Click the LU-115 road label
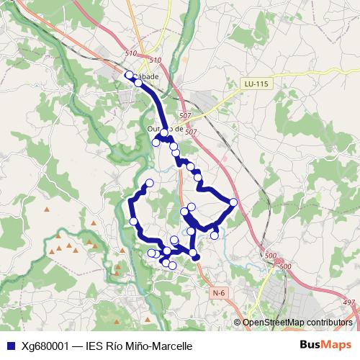(256, 84)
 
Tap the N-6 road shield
(220, 293)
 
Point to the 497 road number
(349, 302)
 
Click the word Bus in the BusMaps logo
(310, 345)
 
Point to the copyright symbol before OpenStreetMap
(238, 322)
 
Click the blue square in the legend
(9, 346)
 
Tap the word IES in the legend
(96, 346)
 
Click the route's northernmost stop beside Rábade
(130, 75)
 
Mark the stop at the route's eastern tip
(233, 202)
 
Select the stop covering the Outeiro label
(164, 132)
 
